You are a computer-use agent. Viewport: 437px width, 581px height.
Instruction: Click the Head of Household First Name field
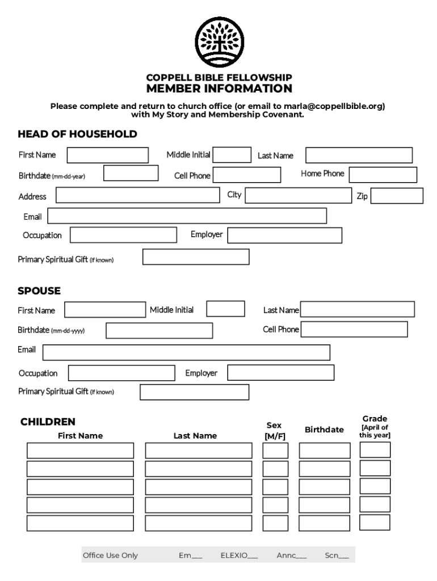[108, 155]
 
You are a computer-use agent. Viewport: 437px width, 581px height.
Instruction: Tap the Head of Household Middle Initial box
[232, 154]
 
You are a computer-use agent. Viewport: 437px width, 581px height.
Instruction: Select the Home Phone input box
[383, 175]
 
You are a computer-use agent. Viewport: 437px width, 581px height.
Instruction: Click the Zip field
[397, 196]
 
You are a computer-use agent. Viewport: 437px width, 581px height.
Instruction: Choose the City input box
[298, 196]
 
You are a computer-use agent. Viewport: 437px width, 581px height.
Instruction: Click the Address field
[137, 196]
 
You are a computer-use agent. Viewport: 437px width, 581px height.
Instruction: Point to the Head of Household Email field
[187, 216]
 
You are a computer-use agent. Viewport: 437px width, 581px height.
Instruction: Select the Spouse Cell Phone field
[354, 330]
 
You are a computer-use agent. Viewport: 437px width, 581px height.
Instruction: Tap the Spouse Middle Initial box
[225, 309]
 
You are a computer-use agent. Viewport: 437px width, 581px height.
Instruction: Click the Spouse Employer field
[280, 373]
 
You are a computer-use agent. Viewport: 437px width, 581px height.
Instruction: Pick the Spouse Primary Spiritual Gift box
[194, 392]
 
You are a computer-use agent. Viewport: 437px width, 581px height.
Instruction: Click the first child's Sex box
[275, 451]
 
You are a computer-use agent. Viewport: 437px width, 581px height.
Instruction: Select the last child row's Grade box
[375, 522]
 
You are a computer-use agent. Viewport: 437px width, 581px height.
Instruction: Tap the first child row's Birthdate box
[325, 451]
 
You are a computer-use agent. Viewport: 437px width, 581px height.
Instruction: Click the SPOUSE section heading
[39, 291]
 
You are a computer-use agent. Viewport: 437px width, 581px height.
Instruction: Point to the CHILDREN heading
[48, 422]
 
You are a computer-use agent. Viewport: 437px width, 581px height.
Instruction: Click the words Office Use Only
[110, 555]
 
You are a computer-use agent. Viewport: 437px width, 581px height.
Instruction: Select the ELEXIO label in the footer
[234, 555]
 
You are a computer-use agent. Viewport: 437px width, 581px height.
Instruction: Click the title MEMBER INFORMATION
[219, 89]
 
